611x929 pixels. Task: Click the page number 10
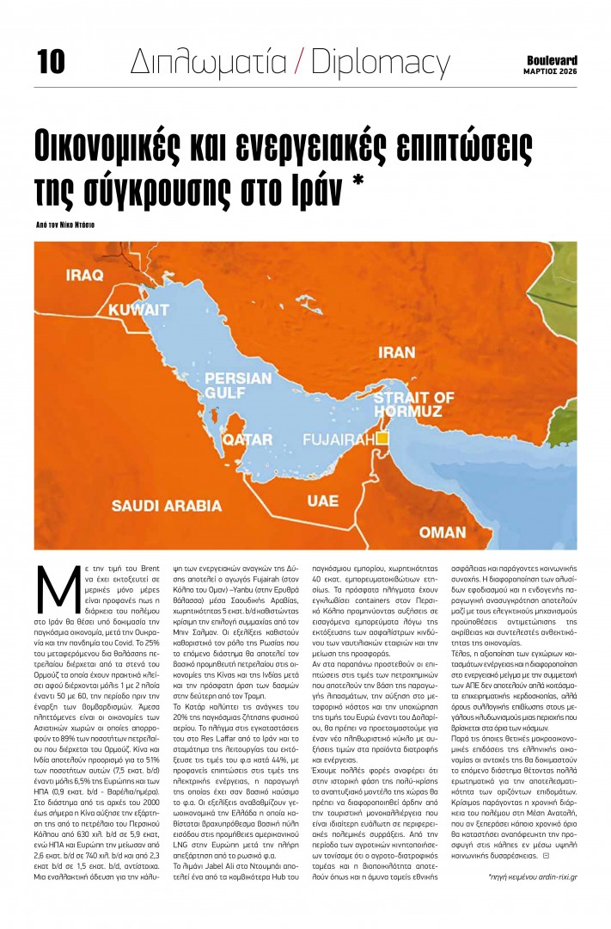pos(51,60)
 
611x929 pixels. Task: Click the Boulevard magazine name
pos(551,60)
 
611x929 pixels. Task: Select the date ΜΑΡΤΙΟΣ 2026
pos(551,72)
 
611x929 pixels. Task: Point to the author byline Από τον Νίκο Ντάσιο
pos(65,223)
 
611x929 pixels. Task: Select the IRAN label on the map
pos(397,353)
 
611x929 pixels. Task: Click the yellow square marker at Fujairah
pos(382,439)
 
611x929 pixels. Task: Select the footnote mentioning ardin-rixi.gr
pos(532,877)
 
